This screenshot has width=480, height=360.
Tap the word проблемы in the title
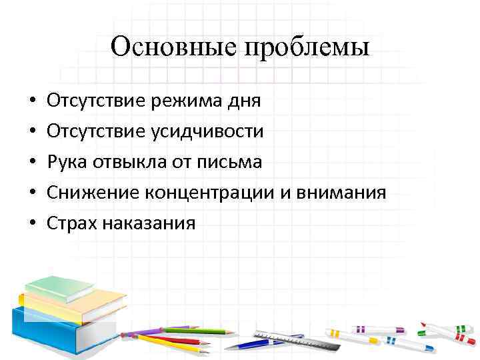pos(307,49)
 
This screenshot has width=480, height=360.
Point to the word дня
pos(243,102)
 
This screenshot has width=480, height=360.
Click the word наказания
pos(148,223)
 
